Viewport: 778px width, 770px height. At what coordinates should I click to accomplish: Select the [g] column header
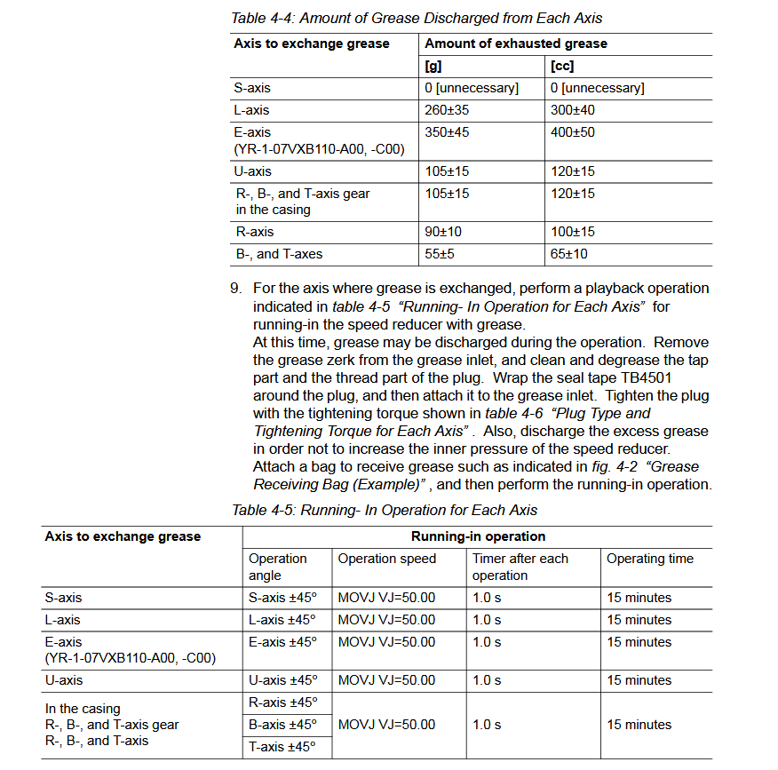(x=434, y=66)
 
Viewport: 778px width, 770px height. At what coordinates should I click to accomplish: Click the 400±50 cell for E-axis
(x=572, y=132)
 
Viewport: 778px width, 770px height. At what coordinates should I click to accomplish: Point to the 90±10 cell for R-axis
(x=443, y=232)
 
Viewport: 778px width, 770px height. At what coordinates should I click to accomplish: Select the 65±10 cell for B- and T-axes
(x=568, y=254)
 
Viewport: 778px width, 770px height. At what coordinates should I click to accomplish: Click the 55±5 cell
(x=440, y=254)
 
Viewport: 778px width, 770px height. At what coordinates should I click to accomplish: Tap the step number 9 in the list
(x=235, y=289)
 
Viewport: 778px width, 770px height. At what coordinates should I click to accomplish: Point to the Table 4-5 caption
(x=385, y=510)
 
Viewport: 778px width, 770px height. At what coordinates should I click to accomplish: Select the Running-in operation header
(x=478, y=536)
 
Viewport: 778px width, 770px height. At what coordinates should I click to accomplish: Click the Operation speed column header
(x=386, y=559)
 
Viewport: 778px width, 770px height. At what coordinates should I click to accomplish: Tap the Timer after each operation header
(x=520, y=567)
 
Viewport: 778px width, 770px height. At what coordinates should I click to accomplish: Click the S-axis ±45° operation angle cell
(x=282, y=598)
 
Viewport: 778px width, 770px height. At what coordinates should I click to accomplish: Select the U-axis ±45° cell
(x=282, y=680)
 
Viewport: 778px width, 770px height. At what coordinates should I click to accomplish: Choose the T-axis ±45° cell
(x=282, y=747)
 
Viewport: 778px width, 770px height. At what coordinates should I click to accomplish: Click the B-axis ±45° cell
(x=282, y=725)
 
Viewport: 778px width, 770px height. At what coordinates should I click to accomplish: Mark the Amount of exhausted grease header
(x=516, y=44)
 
